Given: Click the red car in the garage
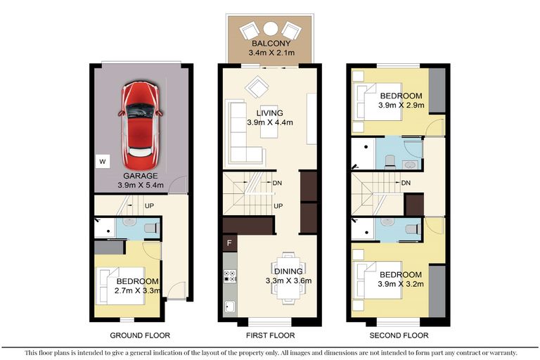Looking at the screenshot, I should (x=141, y=120).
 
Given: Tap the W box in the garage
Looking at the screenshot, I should (x=102, y=162).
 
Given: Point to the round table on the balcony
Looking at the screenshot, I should (x=270, y=29).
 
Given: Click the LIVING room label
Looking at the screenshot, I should (x=269, y=112).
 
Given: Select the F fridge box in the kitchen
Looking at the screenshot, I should (x=229, y=244).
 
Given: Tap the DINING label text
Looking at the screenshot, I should (x=288, y=271).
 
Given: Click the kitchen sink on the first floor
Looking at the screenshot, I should (x=229, y=306).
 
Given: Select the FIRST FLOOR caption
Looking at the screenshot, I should (x=269, y=335).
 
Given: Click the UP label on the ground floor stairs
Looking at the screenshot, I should (x=149, y=206).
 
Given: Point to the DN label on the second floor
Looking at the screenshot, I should (x=405, y=183).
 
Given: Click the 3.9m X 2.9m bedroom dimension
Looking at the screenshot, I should (x=401, y=105).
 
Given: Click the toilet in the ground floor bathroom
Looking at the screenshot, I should (x=150, y=227).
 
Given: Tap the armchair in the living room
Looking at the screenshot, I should (x=257, y=88).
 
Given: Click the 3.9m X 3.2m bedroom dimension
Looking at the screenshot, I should (x=401, y=284).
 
